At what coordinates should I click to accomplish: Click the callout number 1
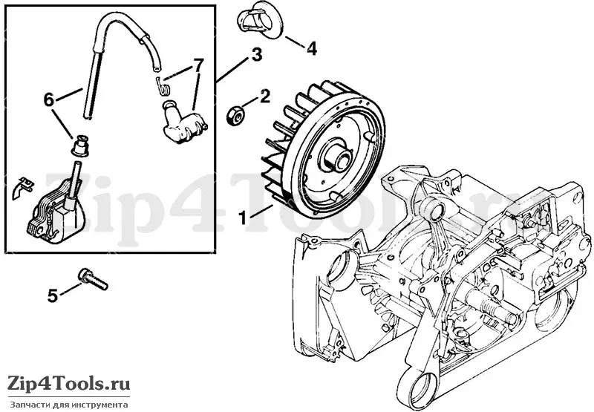click(x=243, y=218)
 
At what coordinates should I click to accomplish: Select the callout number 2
click(x=264, y=97)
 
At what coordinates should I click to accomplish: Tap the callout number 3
click(x=256, y=54)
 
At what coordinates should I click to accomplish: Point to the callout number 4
click(x=311, y=49)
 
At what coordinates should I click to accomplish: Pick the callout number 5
click(x=52, y=295)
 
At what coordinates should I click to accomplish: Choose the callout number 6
click(x=49, y=100)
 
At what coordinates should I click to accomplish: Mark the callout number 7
click(x=198, y=66)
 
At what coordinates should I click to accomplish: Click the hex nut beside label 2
click(x=235, y=116)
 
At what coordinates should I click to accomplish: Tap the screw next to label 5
click(x=93, y=279)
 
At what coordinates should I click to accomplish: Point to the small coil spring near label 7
click(x=163, y=86)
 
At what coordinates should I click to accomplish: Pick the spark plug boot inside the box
click(x=183, y=123)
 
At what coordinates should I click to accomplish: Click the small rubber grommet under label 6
click(x=81, y=145)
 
